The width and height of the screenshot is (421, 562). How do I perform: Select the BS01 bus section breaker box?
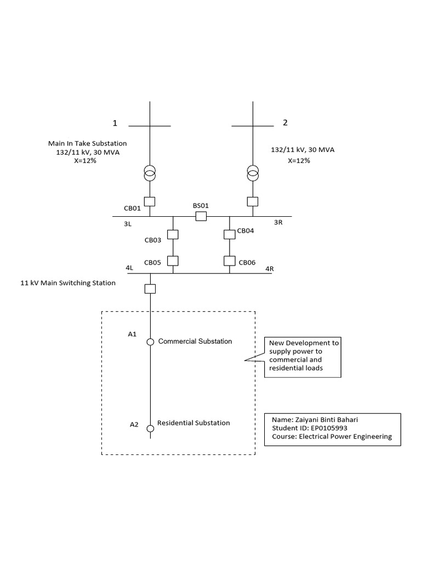201,216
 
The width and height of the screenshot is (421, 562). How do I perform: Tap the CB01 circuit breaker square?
150,201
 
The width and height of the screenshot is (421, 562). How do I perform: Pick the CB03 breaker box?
173,234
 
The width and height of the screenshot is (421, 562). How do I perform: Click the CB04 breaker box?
230,234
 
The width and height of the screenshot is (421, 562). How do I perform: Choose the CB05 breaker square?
173,261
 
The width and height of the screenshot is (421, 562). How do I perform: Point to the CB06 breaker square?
230,261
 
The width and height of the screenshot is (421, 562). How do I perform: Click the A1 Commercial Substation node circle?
150,342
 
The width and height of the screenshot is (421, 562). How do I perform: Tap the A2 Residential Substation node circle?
150,428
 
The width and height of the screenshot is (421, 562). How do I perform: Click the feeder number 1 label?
115,122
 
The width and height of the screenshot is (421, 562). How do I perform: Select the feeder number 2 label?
285,122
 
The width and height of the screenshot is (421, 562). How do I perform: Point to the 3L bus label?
127,224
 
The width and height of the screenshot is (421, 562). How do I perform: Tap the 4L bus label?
130,268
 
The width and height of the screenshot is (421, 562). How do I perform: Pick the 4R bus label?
269,268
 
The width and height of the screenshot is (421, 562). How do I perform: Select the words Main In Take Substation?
88,143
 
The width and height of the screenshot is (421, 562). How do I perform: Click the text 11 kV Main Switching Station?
69,283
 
